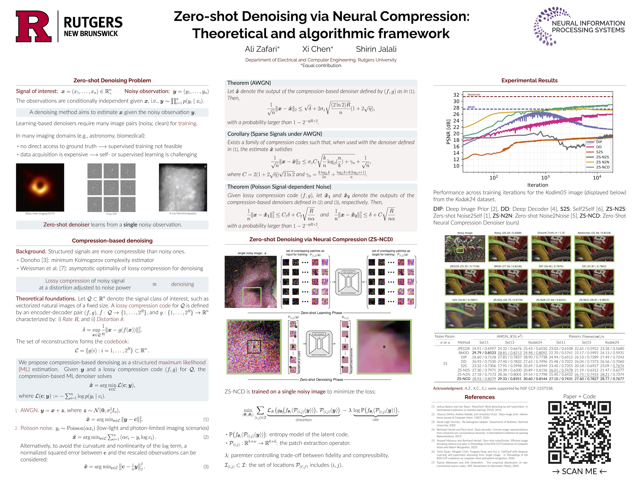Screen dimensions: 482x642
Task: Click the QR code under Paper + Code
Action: [x=579, y=432]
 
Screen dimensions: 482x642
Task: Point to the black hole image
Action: [x=40, y=187]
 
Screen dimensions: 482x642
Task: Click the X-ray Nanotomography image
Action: [x=183, y=187]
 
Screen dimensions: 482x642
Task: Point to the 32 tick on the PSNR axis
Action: [x=456, y=95]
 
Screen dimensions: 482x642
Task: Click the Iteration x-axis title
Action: [x=538, y=185]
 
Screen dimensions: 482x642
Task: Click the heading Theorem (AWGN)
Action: [x=249, y=83]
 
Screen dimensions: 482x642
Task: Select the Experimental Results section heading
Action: [x=529, y=81]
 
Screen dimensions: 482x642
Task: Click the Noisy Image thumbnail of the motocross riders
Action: [x=465, y=249]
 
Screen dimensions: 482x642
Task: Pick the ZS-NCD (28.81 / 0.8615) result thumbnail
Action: [x=594, y=315]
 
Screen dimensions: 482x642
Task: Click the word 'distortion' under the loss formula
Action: [x=304, y=420]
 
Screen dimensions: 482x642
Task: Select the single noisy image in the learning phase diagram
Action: [x=250, y=282]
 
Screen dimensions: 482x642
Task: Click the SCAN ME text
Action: [x=579, y=471]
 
